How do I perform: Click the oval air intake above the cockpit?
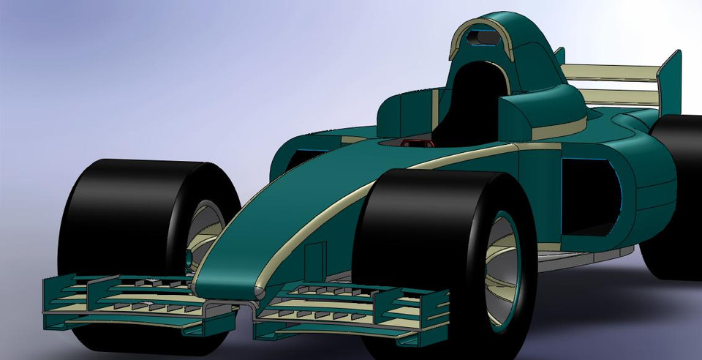480,35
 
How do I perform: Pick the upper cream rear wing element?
611,72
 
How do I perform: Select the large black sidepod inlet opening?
589,194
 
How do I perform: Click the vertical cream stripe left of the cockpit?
434,110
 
